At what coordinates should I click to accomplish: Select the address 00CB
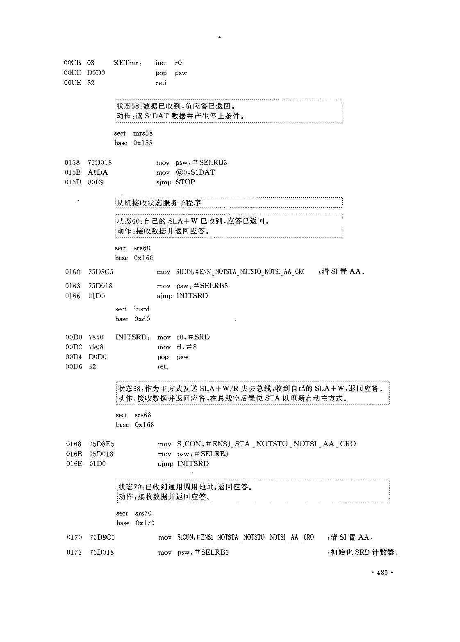tap(73, 63)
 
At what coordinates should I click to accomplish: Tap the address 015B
tap(72, 172)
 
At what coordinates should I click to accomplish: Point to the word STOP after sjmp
tap(185, 182)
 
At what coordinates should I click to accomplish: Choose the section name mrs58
tap(143, 133)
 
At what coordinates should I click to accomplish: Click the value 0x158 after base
tap(143, 143)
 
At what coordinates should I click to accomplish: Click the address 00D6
tap(74, 366)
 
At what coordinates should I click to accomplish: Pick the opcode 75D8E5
tap(102, 444)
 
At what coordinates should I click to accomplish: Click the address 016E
tap(74, 463)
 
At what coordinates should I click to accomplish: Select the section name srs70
tap(143, 513)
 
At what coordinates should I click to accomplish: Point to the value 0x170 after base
tap(145, 523)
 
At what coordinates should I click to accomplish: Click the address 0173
tap(74, 552)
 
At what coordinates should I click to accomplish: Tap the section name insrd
tap(142, 309)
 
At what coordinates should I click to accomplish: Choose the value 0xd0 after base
tap(142, 319)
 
